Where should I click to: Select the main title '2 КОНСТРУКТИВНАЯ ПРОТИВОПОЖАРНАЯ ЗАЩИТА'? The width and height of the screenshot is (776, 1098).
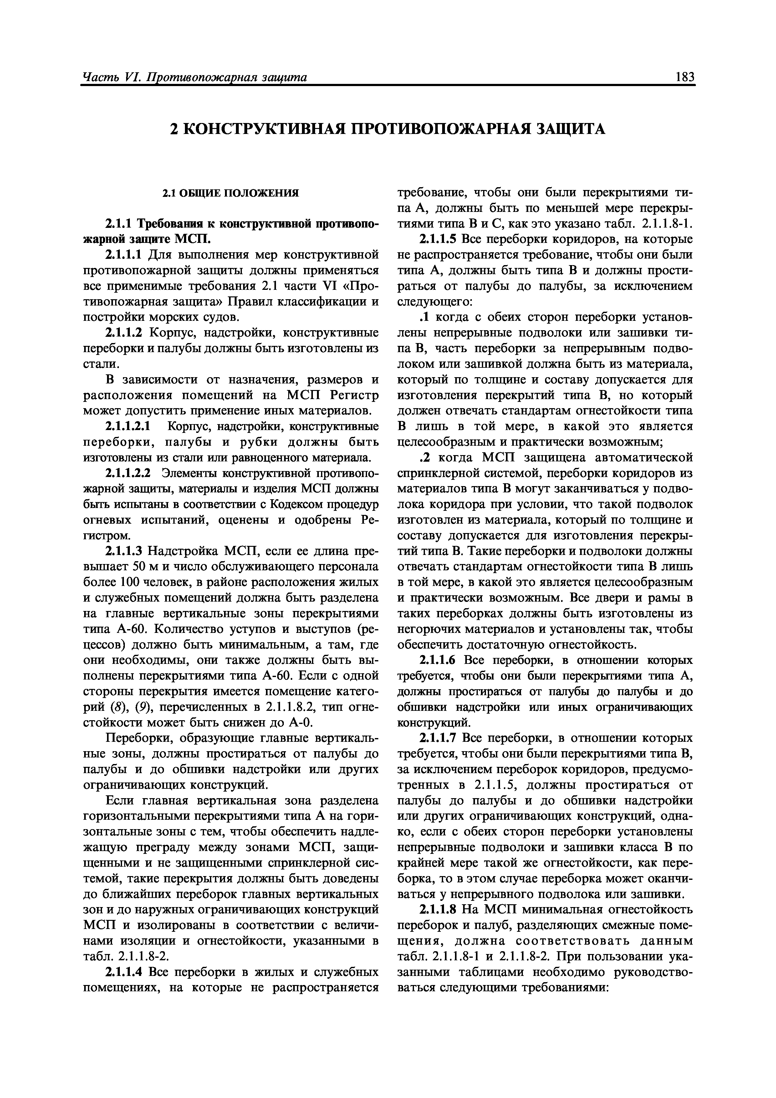[x=388, y=129]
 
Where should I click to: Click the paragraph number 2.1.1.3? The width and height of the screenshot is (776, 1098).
[x=123, y=552]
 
